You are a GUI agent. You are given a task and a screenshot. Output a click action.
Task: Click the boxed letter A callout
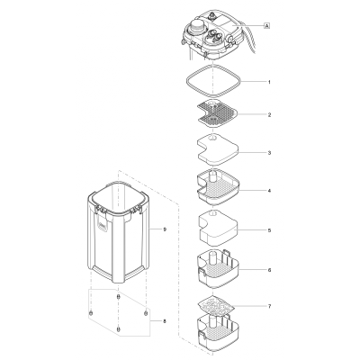267,26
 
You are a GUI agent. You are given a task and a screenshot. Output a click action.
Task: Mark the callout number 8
164,320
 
